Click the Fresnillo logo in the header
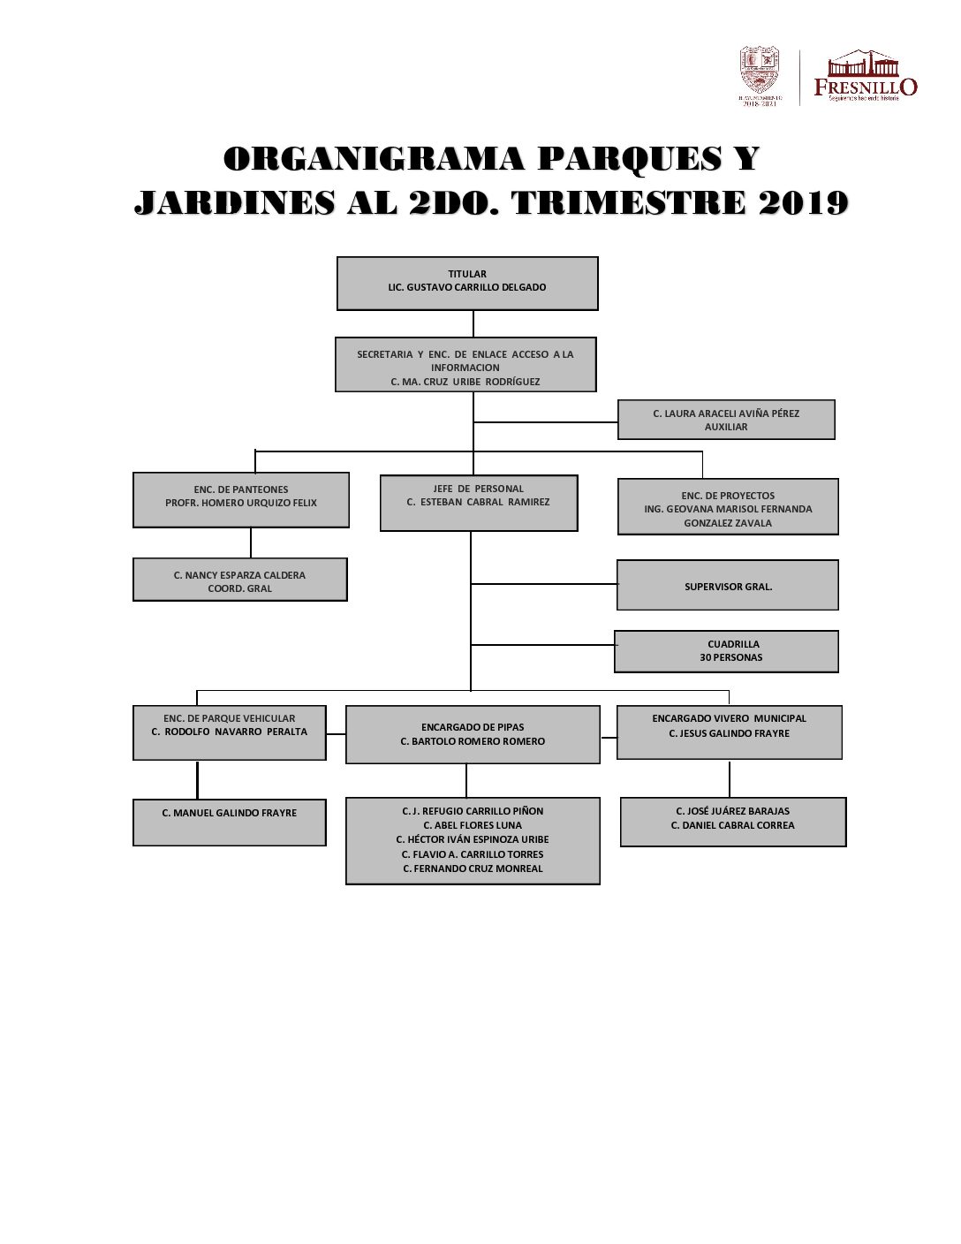(x=865, y=76)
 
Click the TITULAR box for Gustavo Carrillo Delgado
(x=467, y=283)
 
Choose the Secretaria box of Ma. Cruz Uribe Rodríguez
(x=465, y=365)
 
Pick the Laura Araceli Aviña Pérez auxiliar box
(x=726, y=420)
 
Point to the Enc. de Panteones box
(x=241, y=499)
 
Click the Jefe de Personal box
(x=479, y=503)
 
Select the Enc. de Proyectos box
(x=728, y=507)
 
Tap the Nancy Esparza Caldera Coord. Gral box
(x=240, y=580)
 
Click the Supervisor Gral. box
(x=728, y=585)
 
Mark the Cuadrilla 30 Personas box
(x=727, y=651)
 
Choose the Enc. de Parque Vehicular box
(x=230, y=732)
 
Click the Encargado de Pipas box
(x=473, y=734)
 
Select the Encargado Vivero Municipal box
(x=730, y=732)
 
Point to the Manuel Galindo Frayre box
(x=230, y=822)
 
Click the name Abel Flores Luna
(x=473, y=825)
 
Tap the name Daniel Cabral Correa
(x=732, y=825)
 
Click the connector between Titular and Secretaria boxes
(x=473, y=323)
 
